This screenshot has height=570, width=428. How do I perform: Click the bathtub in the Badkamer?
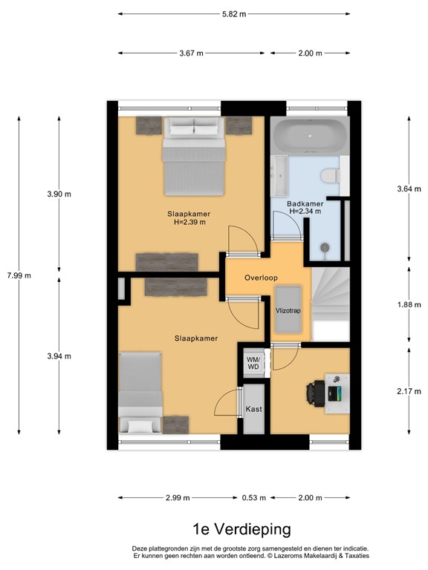pyautogui.click(x=310, y=137)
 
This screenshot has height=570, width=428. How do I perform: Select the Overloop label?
pyautogui.click(x=261, y=278)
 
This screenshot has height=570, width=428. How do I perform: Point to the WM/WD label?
pyautogui.click(x=253, y=362)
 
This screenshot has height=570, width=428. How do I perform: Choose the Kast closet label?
pyautogui.click(x=253, y=409)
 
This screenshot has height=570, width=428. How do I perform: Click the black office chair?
pyautogui.click(x=320, y=392)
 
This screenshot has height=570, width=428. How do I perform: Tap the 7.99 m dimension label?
pyautogui.click(x=19, y=275)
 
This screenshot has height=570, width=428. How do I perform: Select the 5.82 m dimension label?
pyautogui.click(x=234, y=14)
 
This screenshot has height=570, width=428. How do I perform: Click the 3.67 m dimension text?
pyautogui.click(x=191, y=53)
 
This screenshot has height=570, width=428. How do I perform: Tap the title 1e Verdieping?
pyautogui.click(x=231, y=529)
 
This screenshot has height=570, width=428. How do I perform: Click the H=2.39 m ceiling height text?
pyautogui.click(x=189, y=221)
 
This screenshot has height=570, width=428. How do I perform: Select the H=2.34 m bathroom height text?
pyautogui.click(x=305, y=211)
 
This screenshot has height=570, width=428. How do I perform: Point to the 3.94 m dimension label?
pyautogui.click(x=59, y=356)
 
